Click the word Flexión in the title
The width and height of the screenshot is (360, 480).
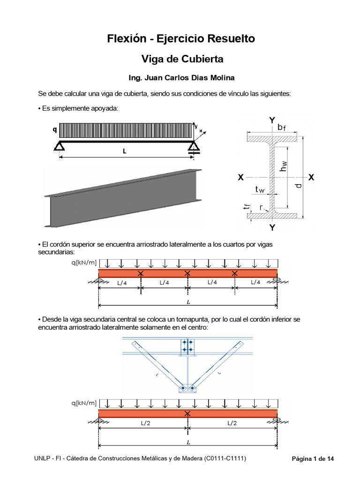125,38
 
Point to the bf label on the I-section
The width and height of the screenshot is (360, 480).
281,127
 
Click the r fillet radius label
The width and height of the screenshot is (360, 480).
261,206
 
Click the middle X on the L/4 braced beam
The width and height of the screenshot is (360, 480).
187,273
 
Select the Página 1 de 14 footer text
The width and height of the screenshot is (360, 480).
313,458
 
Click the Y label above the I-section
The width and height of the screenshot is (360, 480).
272,120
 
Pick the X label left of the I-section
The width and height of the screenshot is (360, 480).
240,178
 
